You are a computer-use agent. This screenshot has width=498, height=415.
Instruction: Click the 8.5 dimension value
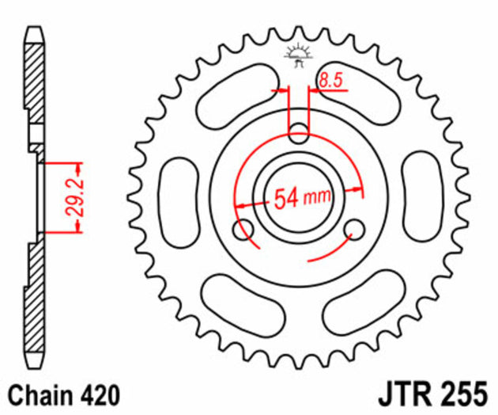tap(330, 79)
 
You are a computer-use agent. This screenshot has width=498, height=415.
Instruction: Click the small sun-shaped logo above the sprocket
tap(299, 55)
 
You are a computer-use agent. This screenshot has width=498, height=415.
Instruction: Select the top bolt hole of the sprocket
tap(299, 132)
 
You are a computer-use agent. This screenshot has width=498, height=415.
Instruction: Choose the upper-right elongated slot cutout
tap(360, 93)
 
